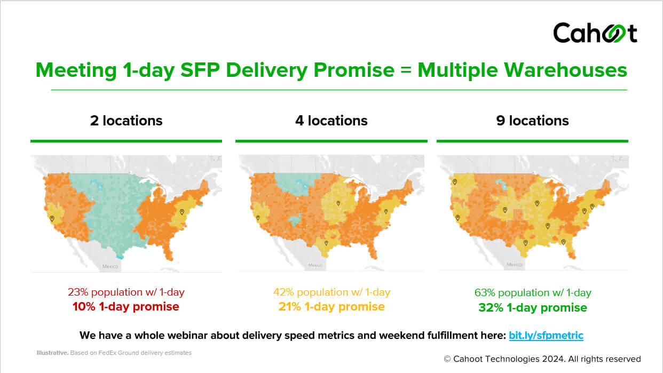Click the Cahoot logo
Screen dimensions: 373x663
595,33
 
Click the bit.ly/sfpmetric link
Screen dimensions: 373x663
546,336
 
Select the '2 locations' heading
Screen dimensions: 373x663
126,121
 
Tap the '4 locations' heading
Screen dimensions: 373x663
331,121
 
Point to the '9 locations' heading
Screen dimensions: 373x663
532,121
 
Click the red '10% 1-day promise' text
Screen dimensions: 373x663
126,307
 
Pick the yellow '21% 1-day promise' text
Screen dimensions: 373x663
331,307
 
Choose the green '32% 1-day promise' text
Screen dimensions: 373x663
533,308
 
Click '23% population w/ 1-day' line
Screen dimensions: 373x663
126,292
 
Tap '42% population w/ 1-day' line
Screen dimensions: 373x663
331,292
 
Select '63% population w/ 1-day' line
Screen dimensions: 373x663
533,292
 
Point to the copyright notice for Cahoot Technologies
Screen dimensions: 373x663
542,359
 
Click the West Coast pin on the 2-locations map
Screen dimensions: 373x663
52,218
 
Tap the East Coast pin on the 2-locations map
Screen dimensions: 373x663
182,212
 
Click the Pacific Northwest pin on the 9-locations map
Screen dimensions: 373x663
455,181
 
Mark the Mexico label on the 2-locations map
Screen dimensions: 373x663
111,266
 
